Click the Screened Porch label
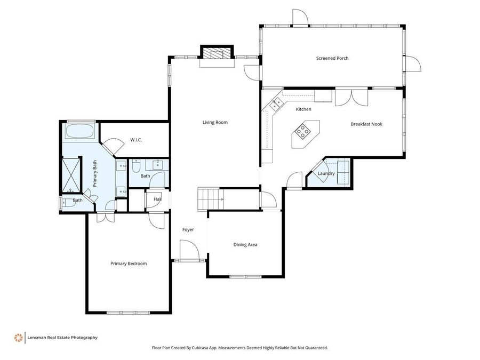(332, 58)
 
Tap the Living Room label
(214, 122)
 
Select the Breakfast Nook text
(366, 124)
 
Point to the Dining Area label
(245, 245)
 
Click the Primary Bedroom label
(128, 263)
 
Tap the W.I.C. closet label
(136, 140)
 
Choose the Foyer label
(188, 230)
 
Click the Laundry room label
(326, 173)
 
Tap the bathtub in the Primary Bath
(81, 130)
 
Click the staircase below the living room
(210, 199)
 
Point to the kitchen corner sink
(277, 103)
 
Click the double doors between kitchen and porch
(351, 97)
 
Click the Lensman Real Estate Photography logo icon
(19, 338)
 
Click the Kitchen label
(303, 109)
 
